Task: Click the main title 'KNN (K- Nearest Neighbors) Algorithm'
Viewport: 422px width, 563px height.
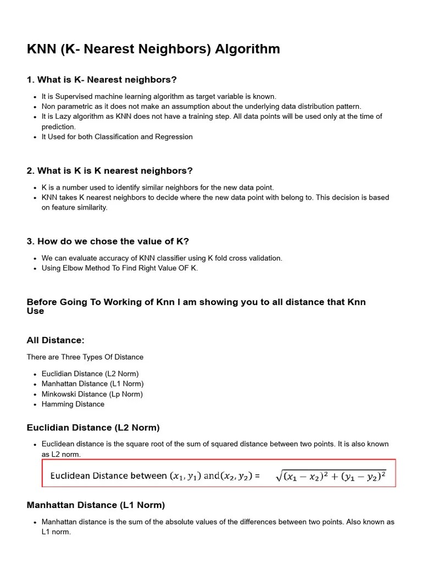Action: pyautogui.click(x=153, y=49)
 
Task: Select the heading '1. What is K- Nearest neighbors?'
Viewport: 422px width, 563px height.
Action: pyautogui.click(x=102, y=80)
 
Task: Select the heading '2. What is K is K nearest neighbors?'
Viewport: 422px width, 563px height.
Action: pyautogui.click(x=109, y=171)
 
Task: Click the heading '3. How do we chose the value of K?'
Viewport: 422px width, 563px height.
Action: pyautogui.click(x=108, y=241)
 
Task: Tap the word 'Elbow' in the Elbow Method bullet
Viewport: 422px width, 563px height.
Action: pyautogui.click(x=74, y=268)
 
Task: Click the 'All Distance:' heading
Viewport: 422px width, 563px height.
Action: pyautogui.click(x=55, y=340)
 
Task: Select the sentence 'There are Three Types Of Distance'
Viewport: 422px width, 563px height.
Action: pyautogui.click(x=85, y=357)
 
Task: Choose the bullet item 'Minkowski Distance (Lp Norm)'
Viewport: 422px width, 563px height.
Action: pyautogui.click(x=92, y=394)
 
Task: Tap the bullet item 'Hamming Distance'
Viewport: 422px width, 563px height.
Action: pyautogui.click(x=73, y=404)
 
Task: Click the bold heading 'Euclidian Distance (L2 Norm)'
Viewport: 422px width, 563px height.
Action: pyautogui.click(x=93, y=427)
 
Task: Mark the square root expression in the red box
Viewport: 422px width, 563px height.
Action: pyautogui.click(x=331, y=476)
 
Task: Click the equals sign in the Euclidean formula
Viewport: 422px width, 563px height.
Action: pyautogui.click(x=257, y=476)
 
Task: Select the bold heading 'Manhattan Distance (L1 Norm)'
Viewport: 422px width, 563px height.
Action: pyautogui.click(x=96, y=505)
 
